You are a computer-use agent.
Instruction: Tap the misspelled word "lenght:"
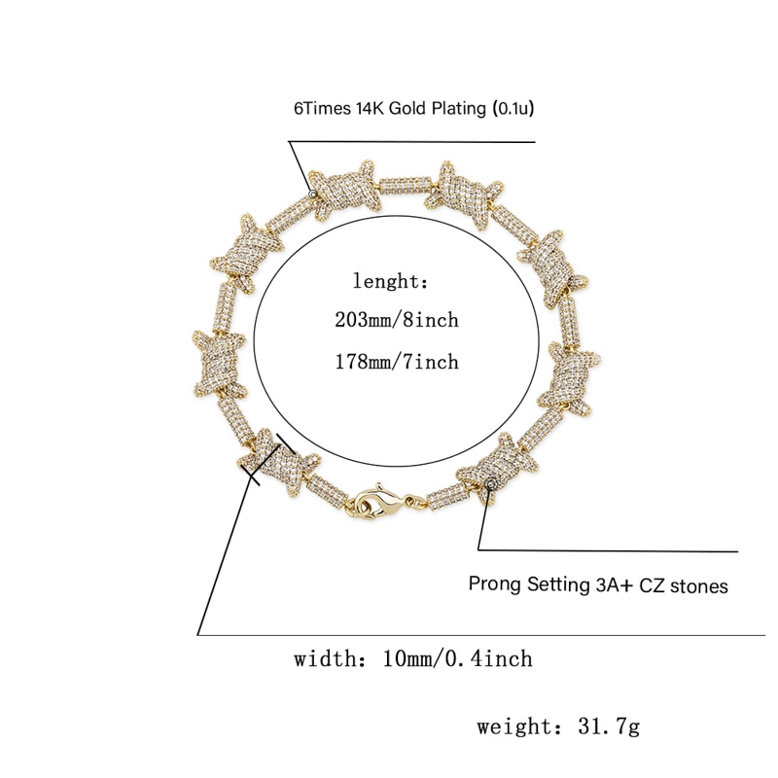click(390, 281)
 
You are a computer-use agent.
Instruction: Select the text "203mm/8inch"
click(397, 320)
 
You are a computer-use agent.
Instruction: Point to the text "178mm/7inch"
click(397, 362)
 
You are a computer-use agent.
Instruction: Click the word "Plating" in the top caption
click(459, 109)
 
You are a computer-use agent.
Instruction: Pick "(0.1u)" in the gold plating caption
click(513, 109)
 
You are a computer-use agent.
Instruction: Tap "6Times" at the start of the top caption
click(322, 108)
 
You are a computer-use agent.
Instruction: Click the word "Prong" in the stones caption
click(495, 584)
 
